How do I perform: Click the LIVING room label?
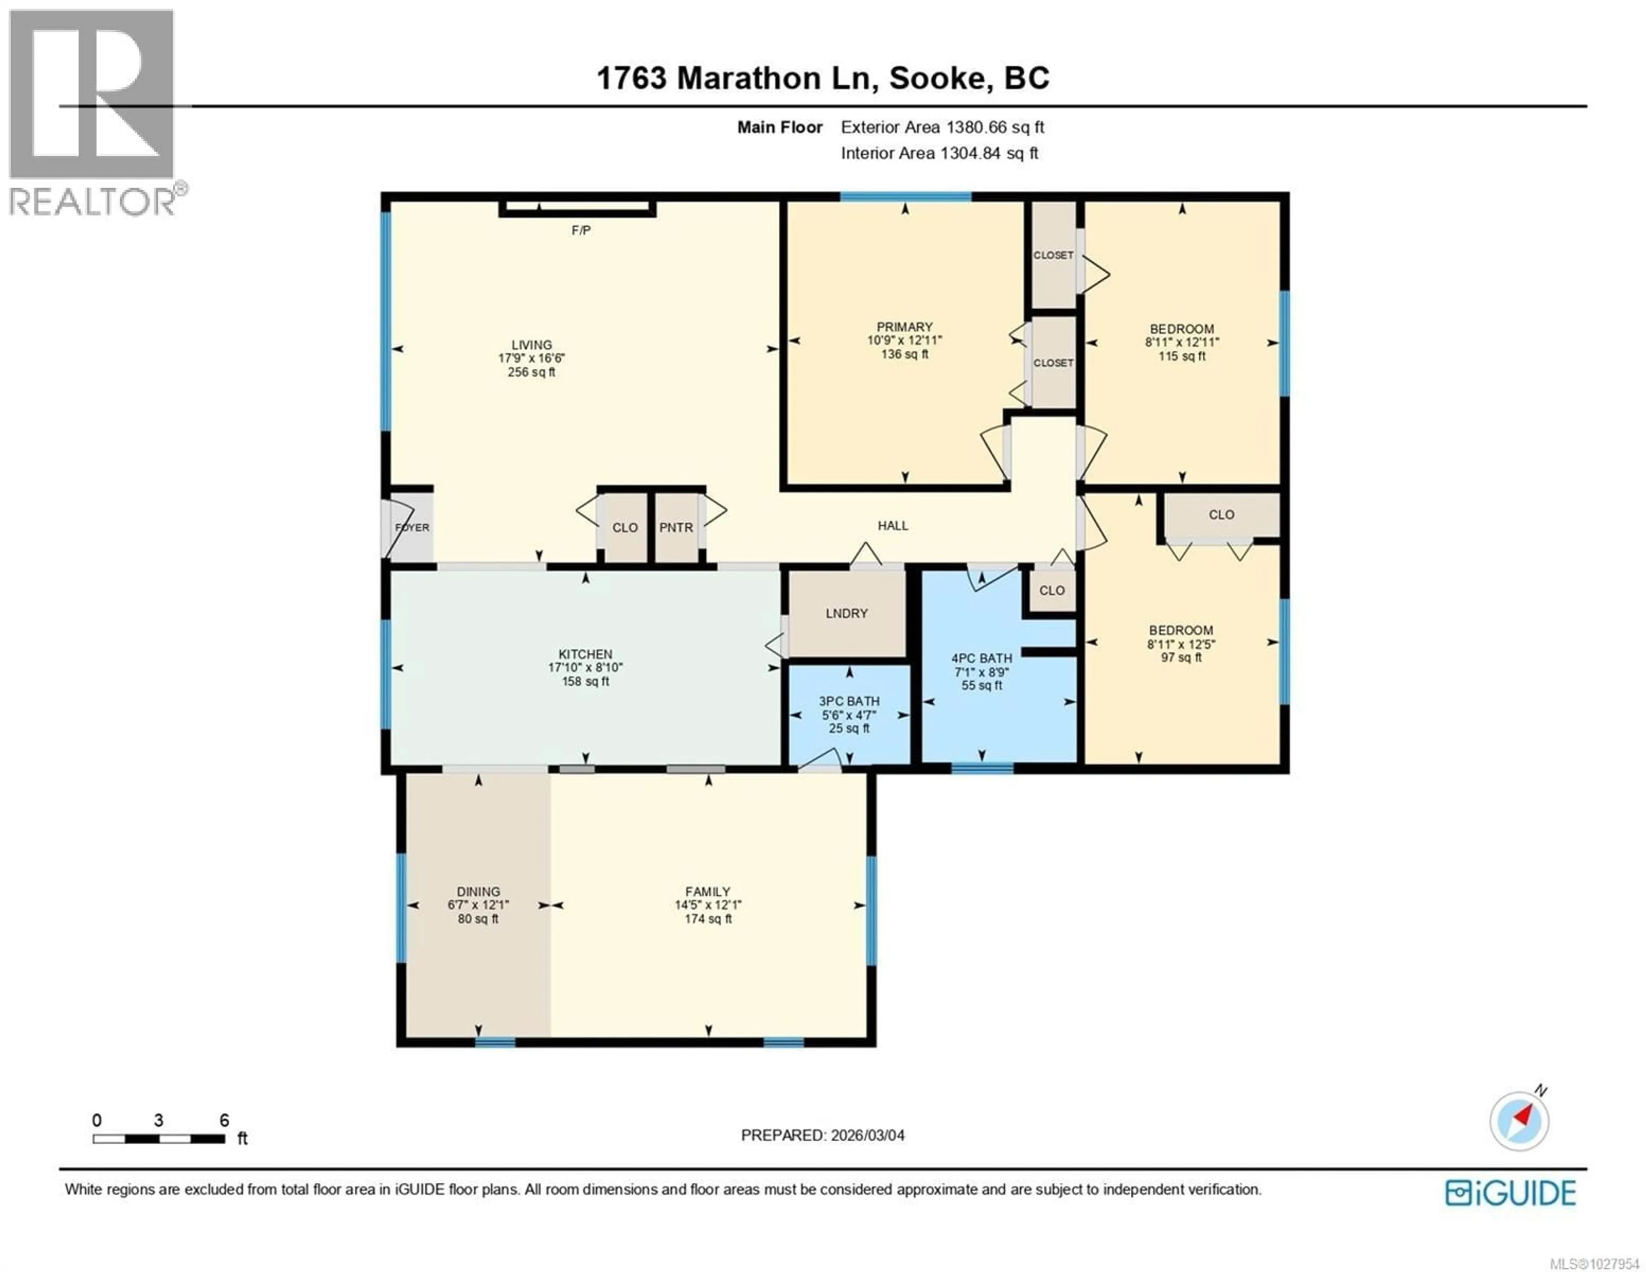click(532, 345)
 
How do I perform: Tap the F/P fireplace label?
click(580, 230)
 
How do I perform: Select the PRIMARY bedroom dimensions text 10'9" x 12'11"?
click(904, 340)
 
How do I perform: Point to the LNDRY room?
click(847, 613)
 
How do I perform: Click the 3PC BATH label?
click(850, 701)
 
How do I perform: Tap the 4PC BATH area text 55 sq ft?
click(981, 686)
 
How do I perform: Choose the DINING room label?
click(478, 891)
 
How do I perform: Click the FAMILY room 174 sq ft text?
click(708, 918)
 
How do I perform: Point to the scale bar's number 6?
click(224, 1120)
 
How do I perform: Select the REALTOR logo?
click(93, 113)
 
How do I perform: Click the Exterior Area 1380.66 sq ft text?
click(942, 127)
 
